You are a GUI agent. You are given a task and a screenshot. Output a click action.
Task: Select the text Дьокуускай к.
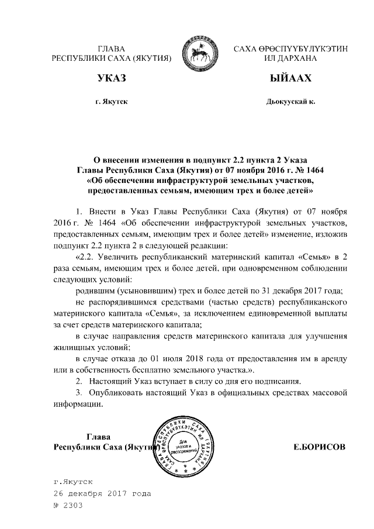click(x=290, y=102)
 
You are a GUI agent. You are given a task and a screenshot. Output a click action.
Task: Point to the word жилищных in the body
click(x=72, y=348)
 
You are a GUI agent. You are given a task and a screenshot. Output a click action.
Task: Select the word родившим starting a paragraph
click(x=95, y=291)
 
